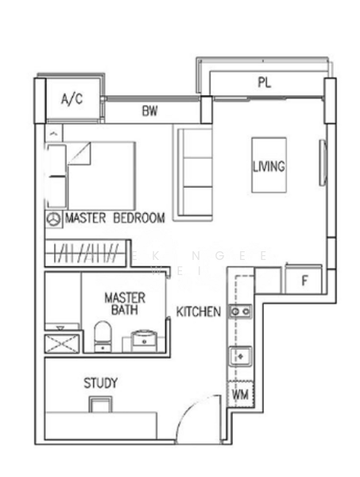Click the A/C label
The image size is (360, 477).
(x=72, y=99)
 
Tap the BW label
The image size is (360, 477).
(x=150, y=112)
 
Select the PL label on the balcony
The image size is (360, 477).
(x=265, y=82)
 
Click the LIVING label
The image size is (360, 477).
(x=269, y=167)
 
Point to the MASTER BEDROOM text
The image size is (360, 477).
(x=114, y=218)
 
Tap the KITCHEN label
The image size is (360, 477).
(x=198, y=312)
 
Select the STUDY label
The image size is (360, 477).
(x=101, y=383)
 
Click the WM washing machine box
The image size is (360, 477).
(x=240, y=394)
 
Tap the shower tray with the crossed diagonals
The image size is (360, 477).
(x=63, y=343)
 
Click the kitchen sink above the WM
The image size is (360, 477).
(x=240, y=355)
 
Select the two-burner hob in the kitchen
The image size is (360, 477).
(x=240, y=312)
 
